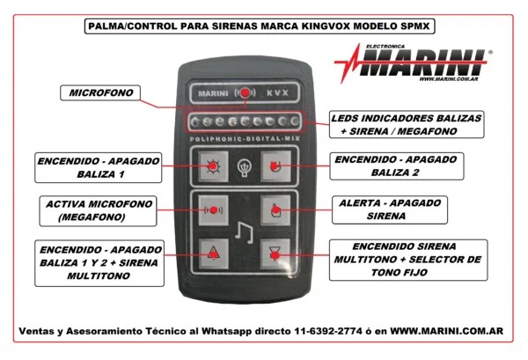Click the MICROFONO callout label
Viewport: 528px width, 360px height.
click(x=100, y=92)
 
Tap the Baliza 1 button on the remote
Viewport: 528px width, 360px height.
click(x=213, y=166)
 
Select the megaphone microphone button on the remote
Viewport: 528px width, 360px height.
click(x=213, y=210)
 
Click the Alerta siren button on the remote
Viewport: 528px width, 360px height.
click(x=275, y=210)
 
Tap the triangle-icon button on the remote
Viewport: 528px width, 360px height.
click(x=214, y=253)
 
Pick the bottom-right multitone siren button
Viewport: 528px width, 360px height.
click(x=275, y=253)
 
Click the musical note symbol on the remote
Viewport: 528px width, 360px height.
click(x=244, y=232)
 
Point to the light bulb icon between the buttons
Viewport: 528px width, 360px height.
click(x=245, y=167)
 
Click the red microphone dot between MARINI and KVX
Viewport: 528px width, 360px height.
click(x=246, y=92)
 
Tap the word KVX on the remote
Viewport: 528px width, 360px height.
click(x=278, y=92)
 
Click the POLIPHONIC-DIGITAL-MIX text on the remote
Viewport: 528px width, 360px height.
click(x=245, y=139)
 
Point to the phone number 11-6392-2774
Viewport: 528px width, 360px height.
click(x=328, y=331)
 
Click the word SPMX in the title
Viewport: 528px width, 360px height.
click(x=415, y=26)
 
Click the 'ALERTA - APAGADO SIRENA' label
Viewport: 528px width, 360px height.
click(x=390, y=209)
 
